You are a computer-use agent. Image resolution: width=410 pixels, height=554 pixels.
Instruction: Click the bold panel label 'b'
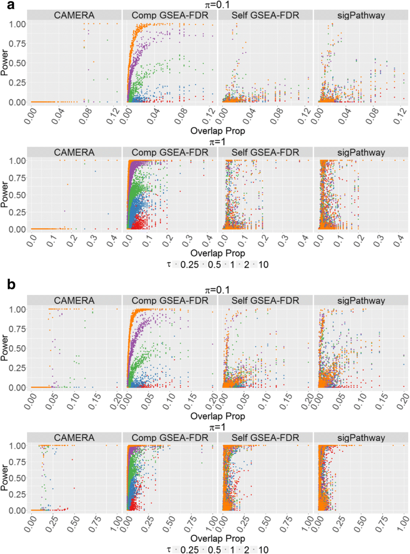coord(6,285)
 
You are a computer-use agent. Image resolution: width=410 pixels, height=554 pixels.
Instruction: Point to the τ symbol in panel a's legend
coord(166,265)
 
